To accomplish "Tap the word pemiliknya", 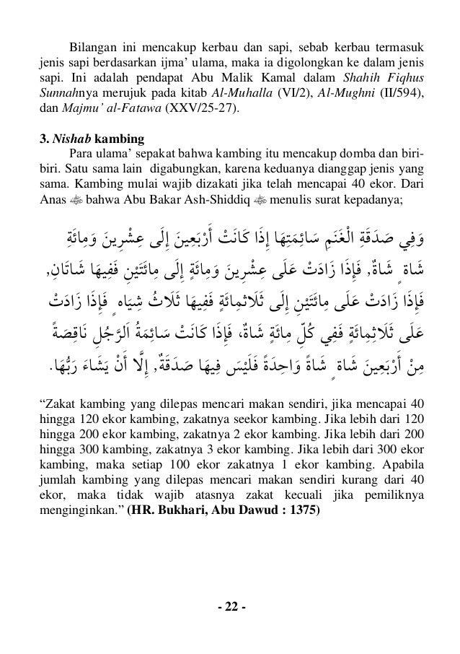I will [396, 494].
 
